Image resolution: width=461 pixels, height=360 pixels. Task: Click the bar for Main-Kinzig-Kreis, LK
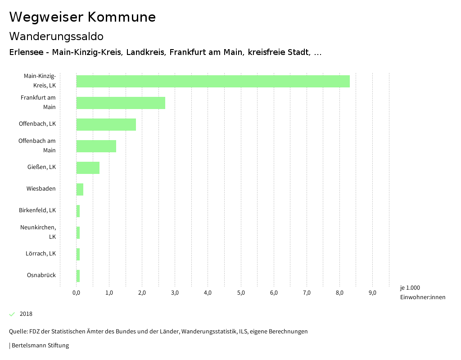pyautogui.click(x=212, y=81)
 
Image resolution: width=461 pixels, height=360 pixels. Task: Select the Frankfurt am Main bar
pyautogui.click(x=121, y=103)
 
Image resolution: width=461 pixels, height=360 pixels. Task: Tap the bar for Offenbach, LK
pyautogui.click(x=106, y=124)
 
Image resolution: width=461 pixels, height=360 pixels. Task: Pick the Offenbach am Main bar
pyautogui.click(x=96, y=146)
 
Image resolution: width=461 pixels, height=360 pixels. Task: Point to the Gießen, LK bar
pyautogui.click(x=88, y=168)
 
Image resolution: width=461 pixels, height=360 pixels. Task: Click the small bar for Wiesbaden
pyautogui.click(x=80, y=189)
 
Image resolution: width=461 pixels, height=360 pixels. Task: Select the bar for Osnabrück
pyautogui.click(x=78, y=276)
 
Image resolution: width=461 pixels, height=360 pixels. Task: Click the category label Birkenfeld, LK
pyautogui.click(x=37, y=210)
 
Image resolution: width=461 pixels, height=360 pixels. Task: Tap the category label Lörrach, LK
pyautogui.click(x=41, y=254)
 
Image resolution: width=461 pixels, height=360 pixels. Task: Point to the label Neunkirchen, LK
pyautogui.click(x=38, y=232)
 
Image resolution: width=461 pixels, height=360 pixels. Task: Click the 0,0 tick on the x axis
pyautogui.click(x=76, y=293)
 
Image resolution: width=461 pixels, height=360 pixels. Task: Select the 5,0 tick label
pyautogui.click(x=241, y=293)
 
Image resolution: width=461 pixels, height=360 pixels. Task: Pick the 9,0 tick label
pyautogui.click(x=372, y=293)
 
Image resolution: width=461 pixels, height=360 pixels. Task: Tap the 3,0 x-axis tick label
pyautogui.click(x=175, y=293)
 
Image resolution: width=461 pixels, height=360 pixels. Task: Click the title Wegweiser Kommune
pyautogui.click(x=82, y=17)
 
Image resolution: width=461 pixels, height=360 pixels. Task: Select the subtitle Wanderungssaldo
pyautogui.click(x=56, y=36)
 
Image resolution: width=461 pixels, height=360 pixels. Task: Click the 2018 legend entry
pyautogui.click(x=26, y=314)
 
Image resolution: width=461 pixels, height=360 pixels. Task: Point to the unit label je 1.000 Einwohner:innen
pyautogui.click(x=422, y=292)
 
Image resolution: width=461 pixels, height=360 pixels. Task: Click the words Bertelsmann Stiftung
pyautogui.click(x=40, y=346)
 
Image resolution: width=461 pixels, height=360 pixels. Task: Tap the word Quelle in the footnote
pyautogui.click(x=18, y=332)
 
